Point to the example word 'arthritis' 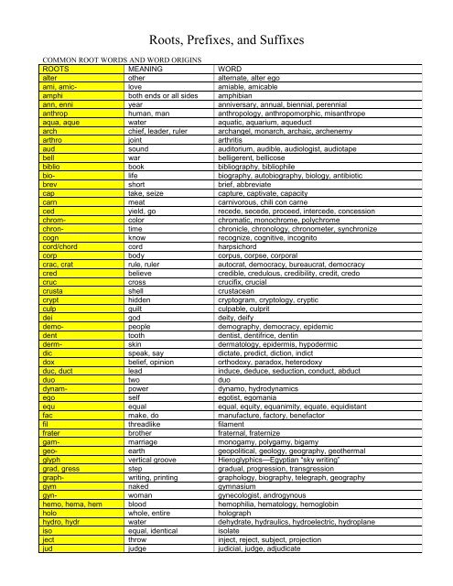232,136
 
